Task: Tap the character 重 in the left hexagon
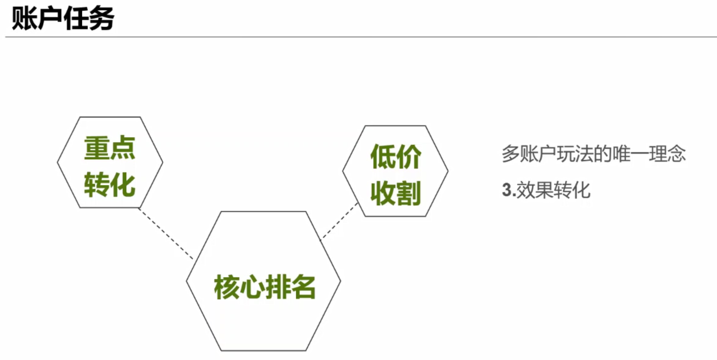97,148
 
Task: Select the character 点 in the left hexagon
123,148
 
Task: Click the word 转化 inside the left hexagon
110,185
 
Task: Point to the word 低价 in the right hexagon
396,157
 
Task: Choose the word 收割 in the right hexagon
396,193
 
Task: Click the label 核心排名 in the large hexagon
265,287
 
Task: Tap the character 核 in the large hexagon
227,287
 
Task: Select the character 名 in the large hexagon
303,287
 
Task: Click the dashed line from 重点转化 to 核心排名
166,234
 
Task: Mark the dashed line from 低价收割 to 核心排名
339,222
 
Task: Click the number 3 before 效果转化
506,190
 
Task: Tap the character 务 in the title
101,18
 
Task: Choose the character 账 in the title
24,18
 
